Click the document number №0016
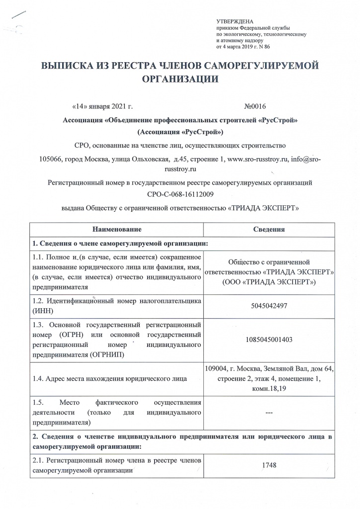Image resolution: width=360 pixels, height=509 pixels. [x=256, y=106]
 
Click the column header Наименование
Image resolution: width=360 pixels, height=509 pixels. [x=117, y=230]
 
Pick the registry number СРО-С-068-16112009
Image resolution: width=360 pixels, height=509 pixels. [x=180, y=194]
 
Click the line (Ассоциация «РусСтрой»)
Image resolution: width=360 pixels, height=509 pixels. [x=180, y=133]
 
